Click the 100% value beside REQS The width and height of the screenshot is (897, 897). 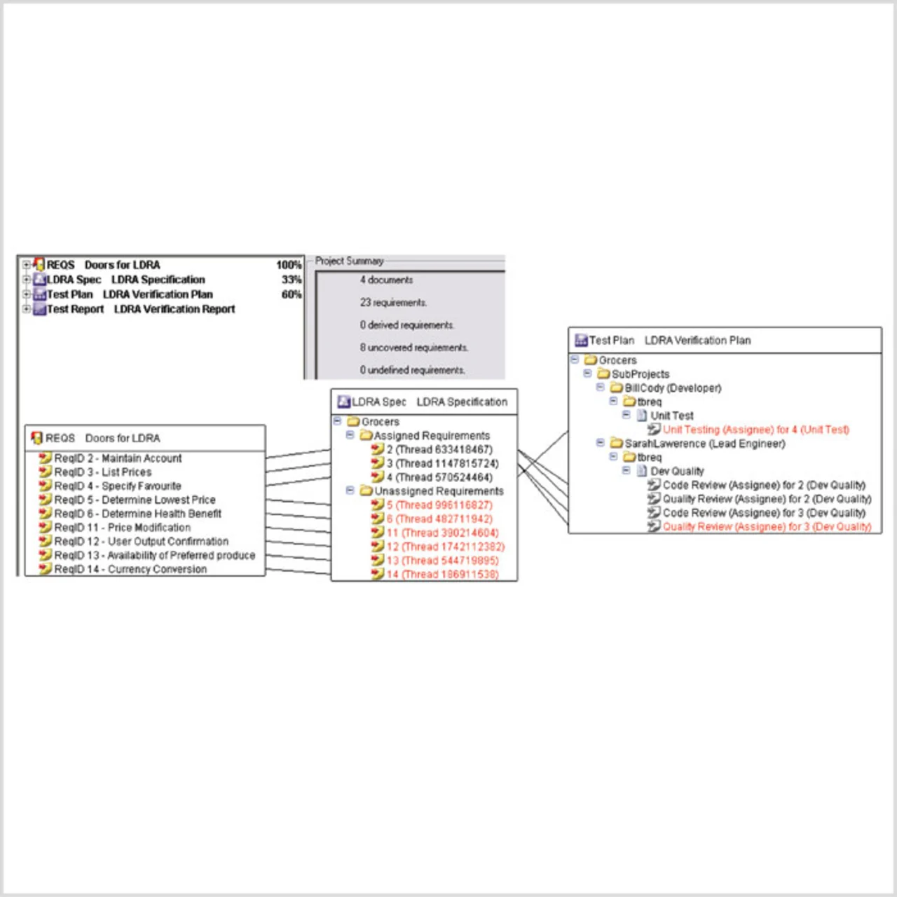pos(289,265)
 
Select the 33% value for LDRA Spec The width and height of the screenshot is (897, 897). pos(292,280)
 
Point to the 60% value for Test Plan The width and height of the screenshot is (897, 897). pos(292,294)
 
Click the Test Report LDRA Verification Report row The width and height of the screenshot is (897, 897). pos(140,309)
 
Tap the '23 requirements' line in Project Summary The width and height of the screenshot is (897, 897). pos(393,303)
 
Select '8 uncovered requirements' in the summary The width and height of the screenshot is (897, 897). pos(413,348)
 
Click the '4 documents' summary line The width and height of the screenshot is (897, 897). pos(386,280)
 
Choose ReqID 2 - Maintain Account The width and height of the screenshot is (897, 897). pos(117,458)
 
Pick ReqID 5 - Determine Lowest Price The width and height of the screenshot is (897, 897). pos(135,500)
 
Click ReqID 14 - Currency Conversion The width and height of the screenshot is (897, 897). pos(130,569)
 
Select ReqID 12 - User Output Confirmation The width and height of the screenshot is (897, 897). pos(141,542)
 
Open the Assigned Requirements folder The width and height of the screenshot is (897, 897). pos(431,436)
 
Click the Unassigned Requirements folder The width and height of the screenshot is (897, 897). pos(438,491)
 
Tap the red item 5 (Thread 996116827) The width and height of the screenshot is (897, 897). pos(439,505)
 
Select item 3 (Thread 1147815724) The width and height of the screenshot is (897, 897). pos(442,463)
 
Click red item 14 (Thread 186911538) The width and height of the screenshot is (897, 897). pos(442,575)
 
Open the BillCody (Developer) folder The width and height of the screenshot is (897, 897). pos(672,388)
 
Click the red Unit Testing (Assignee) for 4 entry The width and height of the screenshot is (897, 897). pos(755,430)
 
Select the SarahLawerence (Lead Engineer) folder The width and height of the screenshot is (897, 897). pos(704,444)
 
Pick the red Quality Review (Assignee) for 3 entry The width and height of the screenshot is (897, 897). pos(767,527)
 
